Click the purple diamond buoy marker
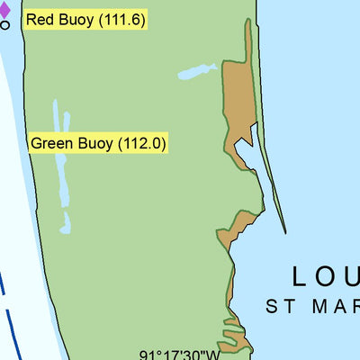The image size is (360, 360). (4, 10)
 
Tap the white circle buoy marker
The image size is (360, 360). (4, 25)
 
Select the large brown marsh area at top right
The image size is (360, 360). (239, 99)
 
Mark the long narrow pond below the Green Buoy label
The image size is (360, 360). (61, 171)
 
